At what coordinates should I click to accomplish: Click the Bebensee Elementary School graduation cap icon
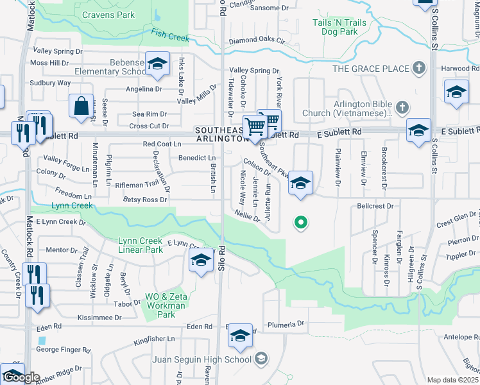click(157, 64)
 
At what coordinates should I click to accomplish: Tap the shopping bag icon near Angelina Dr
click(82, 107)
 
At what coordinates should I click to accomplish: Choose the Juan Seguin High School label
click(200, 359)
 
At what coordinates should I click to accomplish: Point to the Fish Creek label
click(170, 35)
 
